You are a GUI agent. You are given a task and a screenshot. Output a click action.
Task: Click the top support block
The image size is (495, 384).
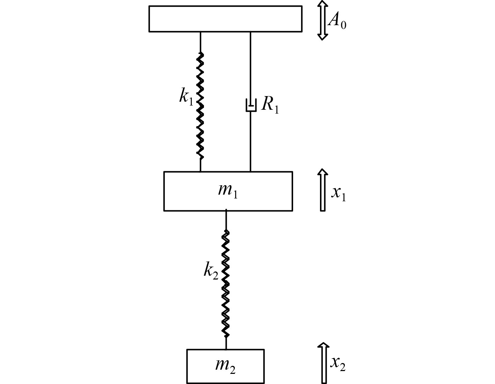click(x=225, y=19)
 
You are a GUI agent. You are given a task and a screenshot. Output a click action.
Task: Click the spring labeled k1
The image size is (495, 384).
click(x=200, y=105)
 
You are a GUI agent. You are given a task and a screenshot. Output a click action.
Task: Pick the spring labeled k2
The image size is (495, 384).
click(x=226, y=283)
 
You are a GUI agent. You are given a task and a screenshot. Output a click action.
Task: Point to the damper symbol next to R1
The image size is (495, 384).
click(x=250, y=106)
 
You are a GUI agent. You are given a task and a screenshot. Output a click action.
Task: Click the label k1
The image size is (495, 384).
click(x=186, y=96)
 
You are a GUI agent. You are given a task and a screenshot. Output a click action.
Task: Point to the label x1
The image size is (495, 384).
click(x=339, y=193)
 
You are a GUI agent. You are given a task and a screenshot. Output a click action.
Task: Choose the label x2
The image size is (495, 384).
click(x=338, y=364)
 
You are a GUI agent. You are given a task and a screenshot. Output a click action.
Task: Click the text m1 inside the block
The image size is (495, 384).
click(x=228, y=191)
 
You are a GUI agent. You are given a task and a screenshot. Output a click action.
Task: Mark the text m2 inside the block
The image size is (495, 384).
click(x=225, y=365)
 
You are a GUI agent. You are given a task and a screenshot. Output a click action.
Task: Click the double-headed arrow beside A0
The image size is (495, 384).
click(x=322, y=20)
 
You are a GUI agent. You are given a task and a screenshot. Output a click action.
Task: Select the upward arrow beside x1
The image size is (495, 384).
click(x=323, y=190)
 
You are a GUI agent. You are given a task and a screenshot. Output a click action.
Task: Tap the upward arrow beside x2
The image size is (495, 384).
click(x=323, y=363)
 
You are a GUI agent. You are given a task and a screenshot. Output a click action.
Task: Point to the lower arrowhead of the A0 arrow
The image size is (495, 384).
click(x=322, y=36)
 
